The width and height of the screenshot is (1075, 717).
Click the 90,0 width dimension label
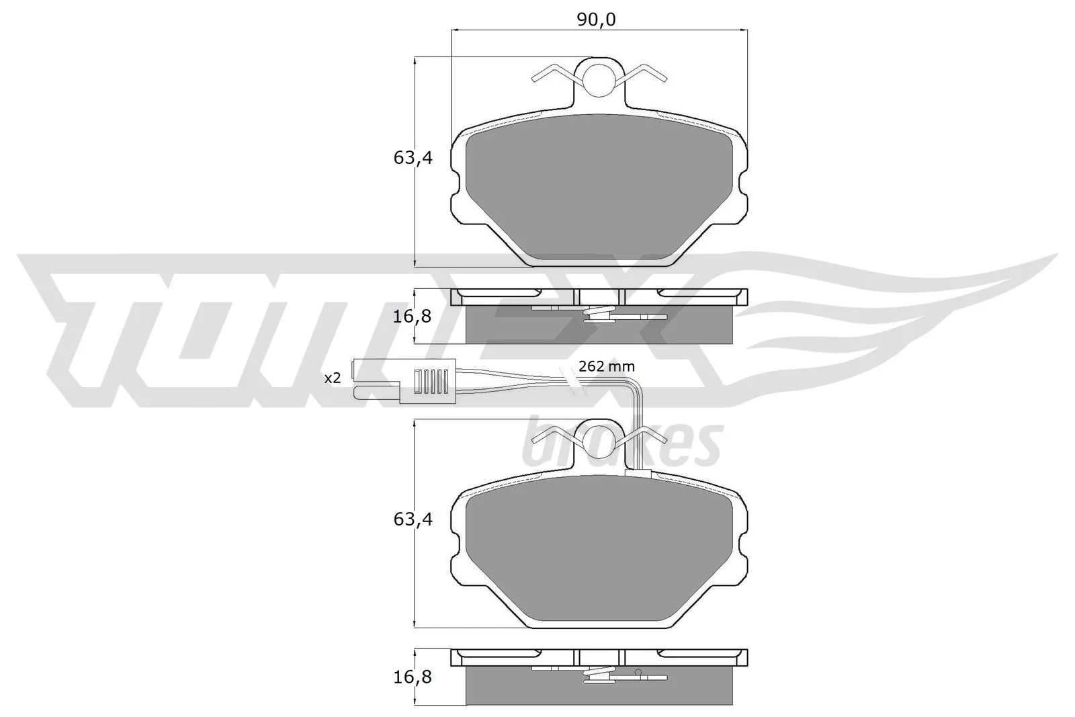pos(596,19)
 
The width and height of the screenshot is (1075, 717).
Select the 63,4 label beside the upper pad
pos(413,158)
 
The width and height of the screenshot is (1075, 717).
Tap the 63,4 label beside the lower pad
pos(413,519)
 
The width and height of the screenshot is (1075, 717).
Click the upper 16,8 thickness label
pos(413,317)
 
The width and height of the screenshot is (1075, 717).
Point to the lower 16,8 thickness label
pos(413,677)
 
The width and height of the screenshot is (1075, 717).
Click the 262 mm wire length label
pos(607,367)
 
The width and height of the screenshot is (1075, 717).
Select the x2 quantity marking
pos(333,378)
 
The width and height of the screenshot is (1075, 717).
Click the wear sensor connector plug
pos(404,381)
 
